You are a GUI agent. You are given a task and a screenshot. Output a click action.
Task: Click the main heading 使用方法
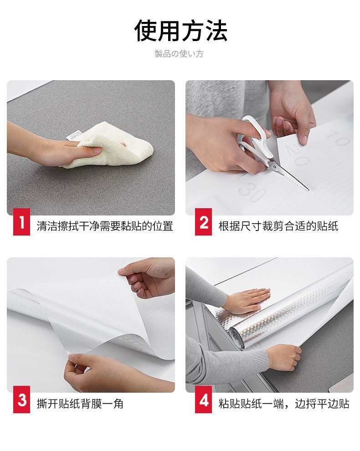(180, 31)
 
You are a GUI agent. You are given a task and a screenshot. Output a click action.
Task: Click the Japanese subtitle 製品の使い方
(179, 53)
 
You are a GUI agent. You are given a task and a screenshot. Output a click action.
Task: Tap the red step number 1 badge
(21, 222)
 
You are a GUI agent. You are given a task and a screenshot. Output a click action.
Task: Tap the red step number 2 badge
(203, 222)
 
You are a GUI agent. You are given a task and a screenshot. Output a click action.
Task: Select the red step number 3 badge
(21, 400)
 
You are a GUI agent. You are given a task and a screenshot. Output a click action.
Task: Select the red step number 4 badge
(203, 400)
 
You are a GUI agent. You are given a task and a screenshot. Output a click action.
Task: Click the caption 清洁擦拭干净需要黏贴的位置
(105, 226)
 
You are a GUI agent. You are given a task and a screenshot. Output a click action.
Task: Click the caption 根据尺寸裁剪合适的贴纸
(278, 226)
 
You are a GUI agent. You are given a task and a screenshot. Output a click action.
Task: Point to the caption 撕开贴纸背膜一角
(80, 404)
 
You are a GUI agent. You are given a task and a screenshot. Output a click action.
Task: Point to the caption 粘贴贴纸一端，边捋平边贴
(284, 404)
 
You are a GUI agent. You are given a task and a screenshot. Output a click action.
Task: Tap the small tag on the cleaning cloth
(74, 135)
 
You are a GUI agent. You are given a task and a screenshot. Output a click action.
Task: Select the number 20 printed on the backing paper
(296, 155)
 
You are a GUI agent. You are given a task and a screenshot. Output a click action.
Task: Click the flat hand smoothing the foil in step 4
(248, 301)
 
